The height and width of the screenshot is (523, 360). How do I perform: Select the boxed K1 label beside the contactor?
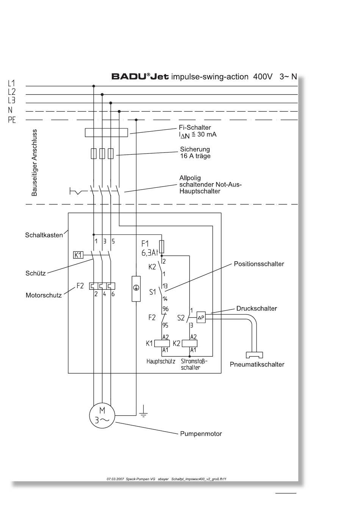(x=78, y=255)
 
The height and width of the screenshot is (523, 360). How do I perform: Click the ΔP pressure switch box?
(x=201, y=317)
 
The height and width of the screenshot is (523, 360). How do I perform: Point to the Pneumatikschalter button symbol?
(x=254, y=355)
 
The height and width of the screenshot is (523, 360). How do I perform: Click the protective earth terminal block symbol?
(x=136, y=289)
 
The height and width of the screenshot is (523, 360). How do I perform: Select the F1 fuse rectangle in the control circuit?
(x=161, y=247)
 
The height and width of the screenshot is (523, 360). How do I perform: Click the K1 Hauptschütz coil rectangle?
(x=162, y=344)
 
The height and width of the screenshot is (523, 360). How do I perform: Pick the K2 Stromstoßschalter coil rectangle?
(x=189, y=344)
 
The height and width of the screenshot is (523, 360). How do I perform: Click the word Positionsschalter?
(x=259, y=264)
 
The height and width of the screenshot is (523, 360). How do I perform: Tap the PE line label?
(x=12, y=120)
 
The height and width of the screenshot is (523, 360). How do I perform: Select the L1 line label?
(x=11, y=83)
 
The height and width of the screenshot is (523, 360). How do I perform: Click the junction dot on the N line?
(x=119, y=112)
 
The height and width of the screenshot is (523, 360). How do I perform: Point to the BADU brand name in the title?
(x=129, y=77)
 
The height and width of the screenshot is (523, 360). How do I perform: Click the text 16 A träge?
(x=195, y=156)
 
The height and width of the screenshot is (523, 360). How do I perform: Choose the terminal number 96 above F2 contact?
(x=166, y=309)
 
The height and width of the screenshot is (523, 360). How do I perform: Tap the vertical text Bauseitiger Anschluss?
(x=34, y=163)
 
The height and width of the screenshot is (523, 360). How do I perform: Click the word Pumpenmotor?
(x=201, y=433)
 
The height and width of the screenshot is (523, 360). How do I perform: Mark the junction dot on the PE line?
(x=136, y=120)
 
